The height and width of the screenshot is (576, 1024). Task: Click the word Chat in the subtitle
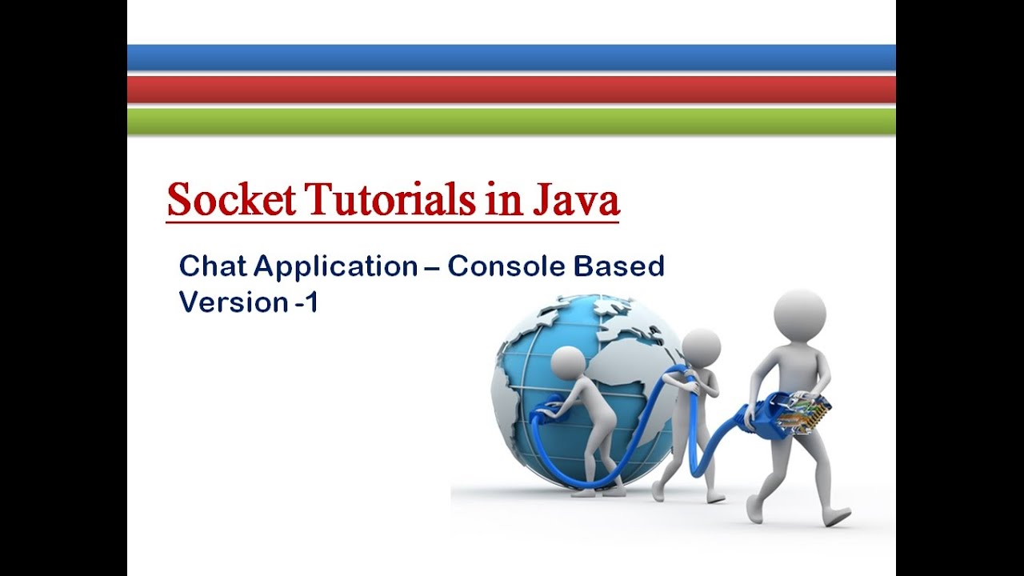(x=210, y=266)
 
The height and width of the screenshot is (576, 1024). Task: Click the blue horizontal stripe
(x=511, y=58)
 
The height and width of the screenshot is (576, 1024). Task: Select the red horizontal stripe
(x=511, y=89)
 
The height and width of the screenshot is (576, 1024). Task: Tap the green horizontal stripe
(x=511, y=121)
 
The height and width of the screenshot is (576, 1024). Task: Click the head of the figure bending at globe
(x=569, y=365)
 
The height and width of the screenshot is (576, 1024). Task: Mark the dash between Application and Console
(x=433, y=267)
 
